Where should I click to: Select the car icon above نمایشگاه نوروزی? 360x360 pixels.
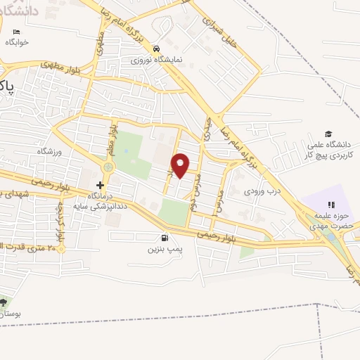click(157, 49)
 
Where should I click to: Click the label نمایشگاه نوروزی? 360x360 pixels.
click(157, 60)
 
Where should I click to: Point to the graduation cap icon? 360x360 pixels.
click(328, 134)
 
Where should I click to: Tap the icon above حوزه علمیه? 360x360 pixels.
click(331, 205)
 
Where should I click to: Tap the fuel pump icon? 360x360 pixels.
click(165, 238)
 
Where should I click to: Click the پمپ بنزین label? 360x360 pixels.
click(165, 249)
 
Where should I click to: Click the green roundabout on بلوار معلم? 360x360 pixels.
click(108, 167)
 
